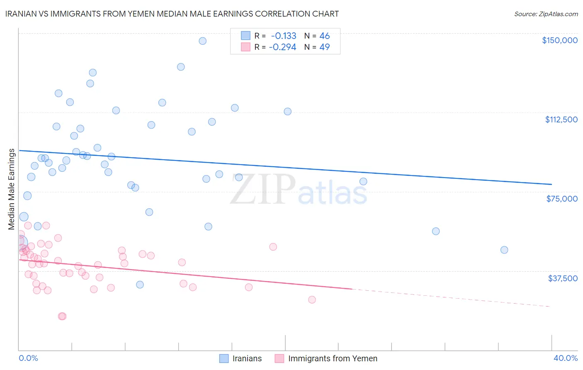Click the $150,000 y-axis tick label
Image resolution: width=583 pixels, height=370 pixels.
559,40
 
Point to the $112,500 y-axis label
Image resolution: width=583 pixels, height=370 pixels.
561,119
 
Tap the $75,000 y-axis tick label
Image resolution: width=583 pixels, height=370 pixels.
562,199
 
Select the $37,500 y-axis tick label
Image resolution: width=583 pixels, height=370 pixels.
563,278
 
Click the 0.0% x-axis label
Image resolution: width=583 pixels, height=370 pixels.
28,358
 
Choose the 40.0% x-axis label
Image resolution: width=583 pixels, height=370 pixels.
565,358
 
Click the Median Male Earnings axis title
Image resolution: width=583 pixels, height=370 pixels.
12,189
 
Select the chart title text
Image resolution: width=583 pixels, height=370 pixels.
172,14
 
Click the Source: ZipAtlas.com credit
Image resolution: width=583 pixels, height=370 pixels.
546,14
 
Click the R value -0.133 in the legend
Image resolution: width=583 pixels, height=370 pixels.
284,36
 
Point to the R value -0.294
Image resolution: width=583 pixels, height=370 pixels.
282,47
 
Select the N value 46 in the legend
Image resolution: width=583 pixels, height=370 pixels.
324,36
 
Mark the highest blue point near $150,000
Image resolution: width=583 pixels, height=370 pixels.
202,41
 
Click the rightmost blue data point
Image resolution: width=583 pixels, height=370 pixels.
504,250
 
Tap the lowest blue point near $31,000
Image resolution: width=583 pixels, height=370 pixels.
140,285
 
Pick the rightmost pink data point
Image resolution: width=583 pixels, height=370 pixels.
312,299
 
